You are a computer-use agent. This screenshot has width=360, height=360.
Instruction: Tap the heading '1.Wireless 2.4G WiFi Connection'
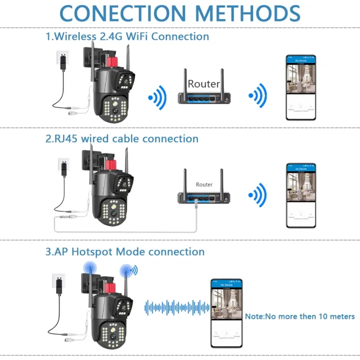(127, 36)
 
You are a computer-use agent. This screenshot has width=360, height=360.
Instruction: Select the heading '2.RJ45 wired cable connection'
(122, 138)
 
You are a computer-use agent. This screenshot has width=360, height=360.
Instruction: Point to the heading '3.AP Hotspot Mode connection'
(125, 251)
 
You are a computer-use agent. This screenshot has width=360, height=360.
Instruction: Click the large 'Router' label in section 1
(204, 84)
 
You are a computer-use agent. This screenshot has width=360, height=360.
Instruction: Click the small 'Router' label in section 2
(204, 184)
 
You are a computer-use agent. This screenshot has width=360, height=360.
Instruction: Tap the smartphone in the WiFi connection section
(300, 87)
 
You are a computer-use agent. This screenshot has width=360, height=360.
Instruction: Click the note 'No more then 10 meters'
(299, 316)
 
